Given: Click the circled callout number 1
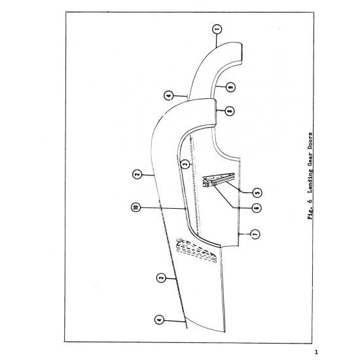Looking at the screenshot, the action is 217,29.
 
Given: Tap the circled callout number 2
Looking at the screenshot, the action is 137,175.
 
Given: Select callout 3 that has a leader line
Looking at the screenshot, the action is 161,278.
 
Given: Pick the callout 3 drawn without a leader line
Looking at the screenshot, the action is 185,164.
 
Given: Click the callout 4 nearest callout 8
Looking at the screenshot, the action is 169,96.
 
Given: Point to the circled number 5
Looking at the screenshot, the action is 257,192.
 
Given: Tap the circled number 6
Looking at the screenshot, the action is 257,207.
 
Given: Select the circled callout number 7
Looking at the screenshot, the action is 255,234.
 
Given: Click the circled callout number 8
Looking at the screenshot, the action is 230,111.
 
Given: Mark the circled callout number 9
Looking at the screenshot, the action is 230,87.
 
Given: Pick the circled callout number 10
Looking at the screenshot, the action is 135,207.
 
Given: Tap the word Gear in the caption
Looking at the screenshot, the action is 310,158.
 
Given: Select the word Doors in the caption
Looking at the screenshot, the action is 310,140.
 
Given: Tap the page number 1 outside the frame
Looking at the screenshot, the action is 316,352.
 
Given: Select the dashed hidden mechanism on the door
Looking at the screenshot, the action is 196,250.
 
